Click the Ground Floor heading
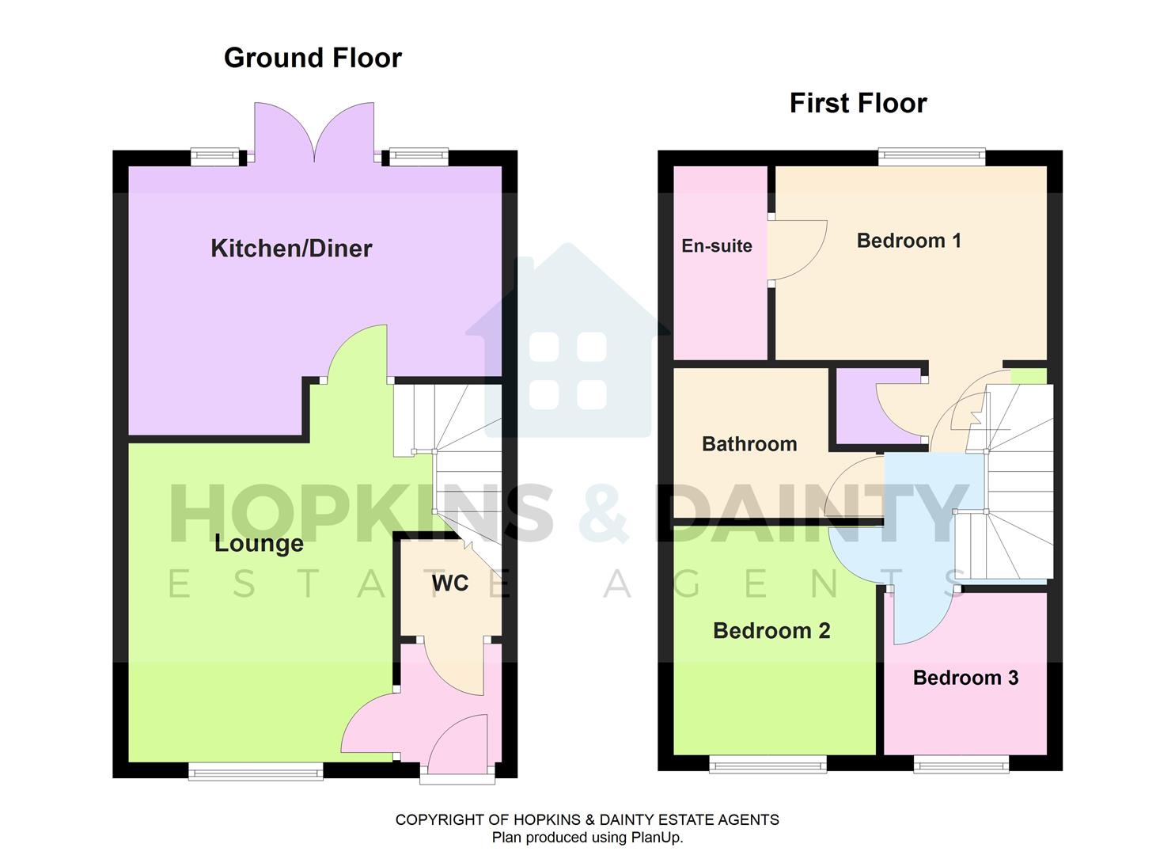(x=313, y=58)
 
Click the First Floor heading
(x=858, y=103)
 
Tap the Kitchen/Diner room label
(x=291, y=249)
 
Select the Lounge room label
(x=259, y=544)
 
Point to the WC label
(x=449, y=583)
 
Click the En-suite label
(x=716, y=246)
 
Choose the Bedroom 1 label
(x=908, y=241)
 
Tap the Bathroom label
(x=749, y=444)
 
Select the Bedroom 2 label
(x=771, y=631)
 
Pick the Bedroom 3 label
(x=965, y=678)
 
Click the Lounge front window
(x=256, y=770)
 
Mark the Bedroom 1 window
(x=931, y=157)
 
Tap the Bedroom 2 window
(x=768, y=763)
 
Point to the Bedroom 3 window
(x=961, y=763)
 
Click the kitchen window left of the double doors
(x=215, y=157)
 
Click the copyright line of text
(x=587, y=820)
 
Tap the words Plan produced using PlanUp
(x=587, y=838)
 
